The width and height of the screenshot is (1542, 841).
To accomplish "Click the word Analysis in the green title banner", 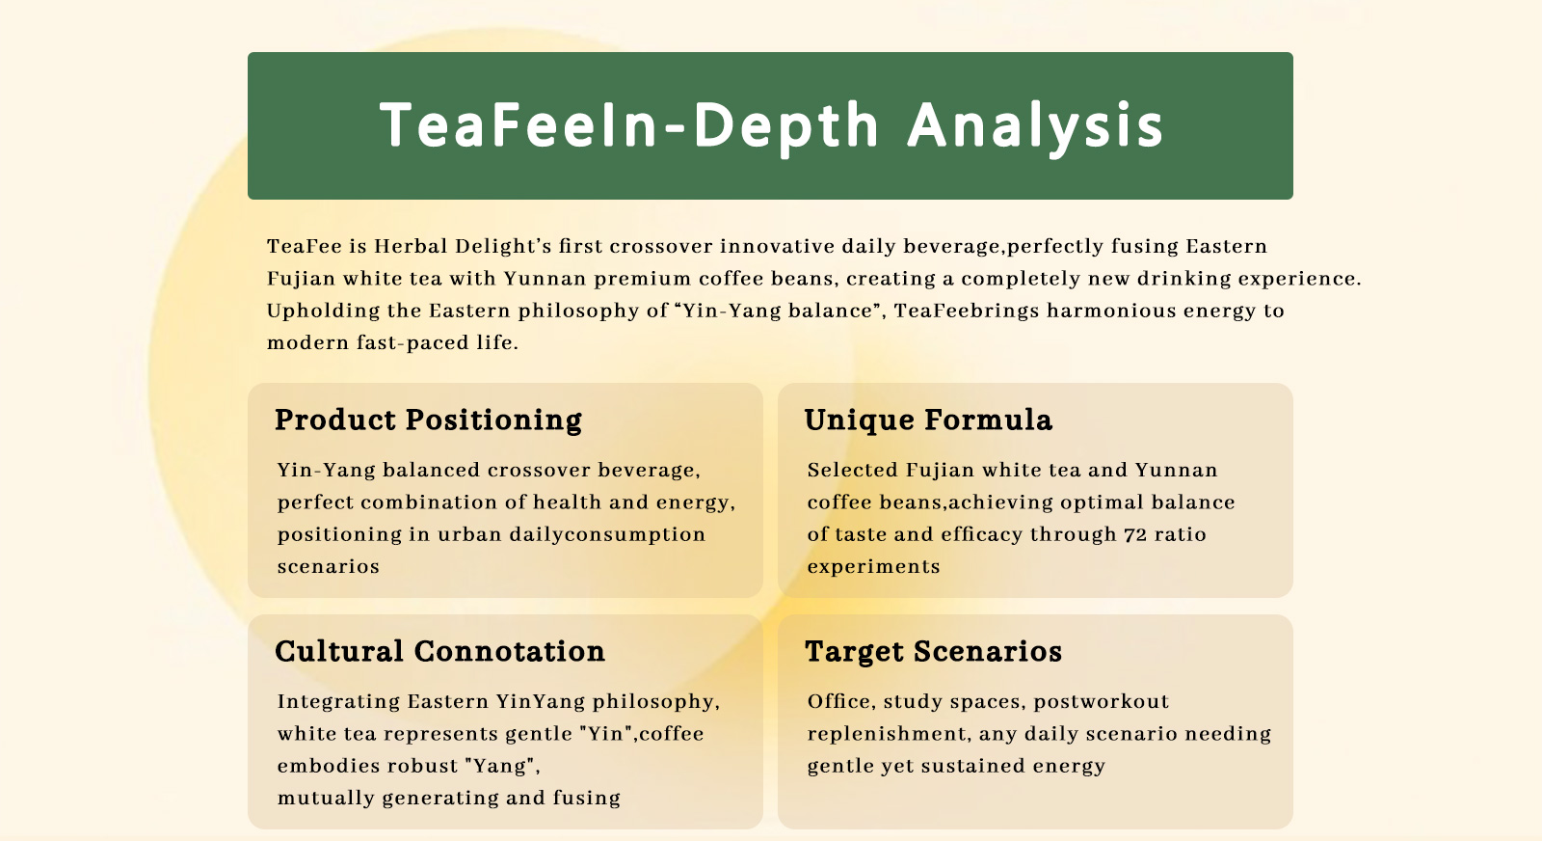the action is click(x=1035, y=126).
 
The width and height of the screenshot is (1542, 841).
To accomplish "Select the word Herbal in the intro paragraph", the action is click(x=411, y=246).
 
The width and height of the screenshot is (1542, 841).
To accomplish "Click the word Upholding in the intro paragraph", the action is click(x=323, y=311).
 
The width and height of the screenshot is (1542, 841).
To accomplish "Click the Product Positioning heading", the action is click(x=428, y=420).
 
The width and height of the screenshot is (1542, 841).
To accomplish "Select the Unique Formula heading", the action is click(x=928, y=420).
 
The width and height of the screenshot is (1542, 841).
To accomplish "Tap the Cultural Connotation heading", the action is click(x=439, y=652).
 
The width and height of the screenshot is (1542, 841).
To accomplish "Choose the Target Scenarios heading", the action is click(x=934, y=652).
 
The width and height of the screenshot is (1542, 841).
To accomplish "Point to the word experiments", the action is click(x=873, y=567).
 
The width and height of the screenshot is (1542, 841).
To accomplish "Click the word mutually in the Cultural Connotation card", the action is click(x=327, y=799).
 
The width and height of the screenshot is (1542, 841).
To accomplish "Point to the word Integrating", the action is click(x=338, y=702).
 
